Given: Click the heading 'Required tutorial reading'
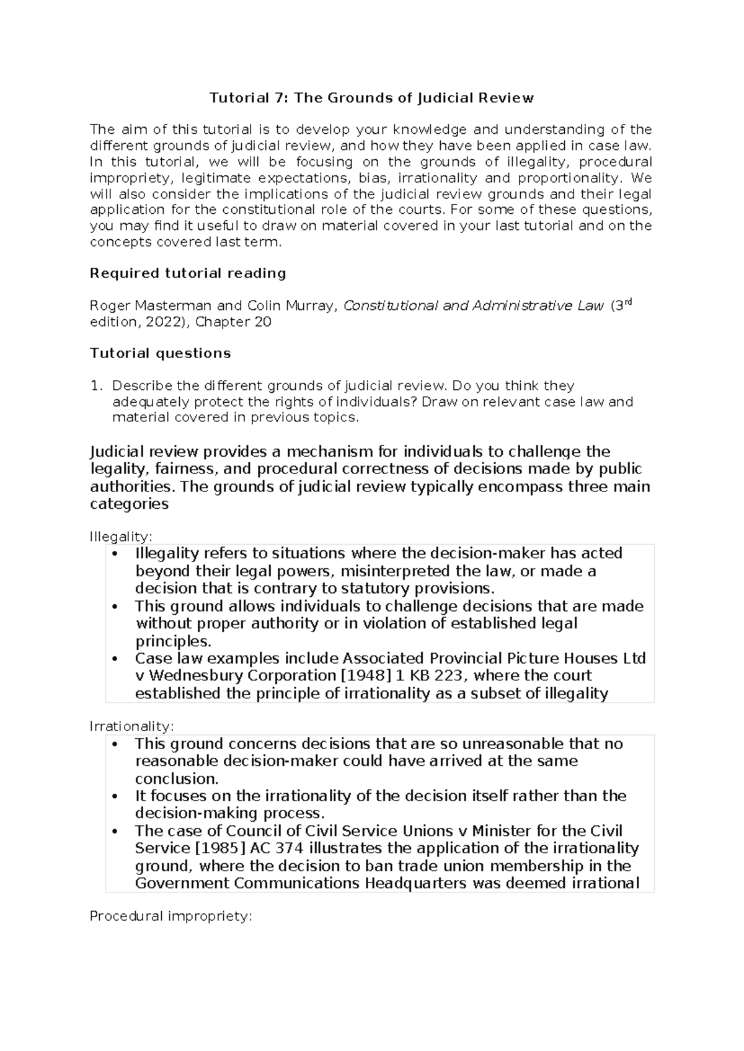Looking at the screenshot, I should coord(188,273).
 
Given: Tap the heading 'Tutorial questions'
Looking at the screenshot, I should coord(160,353).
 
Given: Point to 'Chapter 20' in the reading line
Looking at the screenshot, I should coord(233,322).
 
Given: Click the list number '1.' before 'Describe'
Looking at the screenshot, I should coord(95,386).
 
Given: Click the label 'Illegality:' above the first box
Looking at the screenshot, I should coord(121,535).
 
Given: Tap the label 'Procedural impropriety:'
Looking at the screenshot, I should coord(170,916).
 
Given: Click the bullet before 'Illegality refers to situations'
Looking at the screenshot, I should coord(116,554).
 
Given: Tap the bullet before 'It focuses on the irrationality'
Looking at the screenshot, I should coord(116,796).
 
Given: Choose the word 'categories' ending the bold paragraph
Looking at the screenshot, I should coord(129,504).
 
